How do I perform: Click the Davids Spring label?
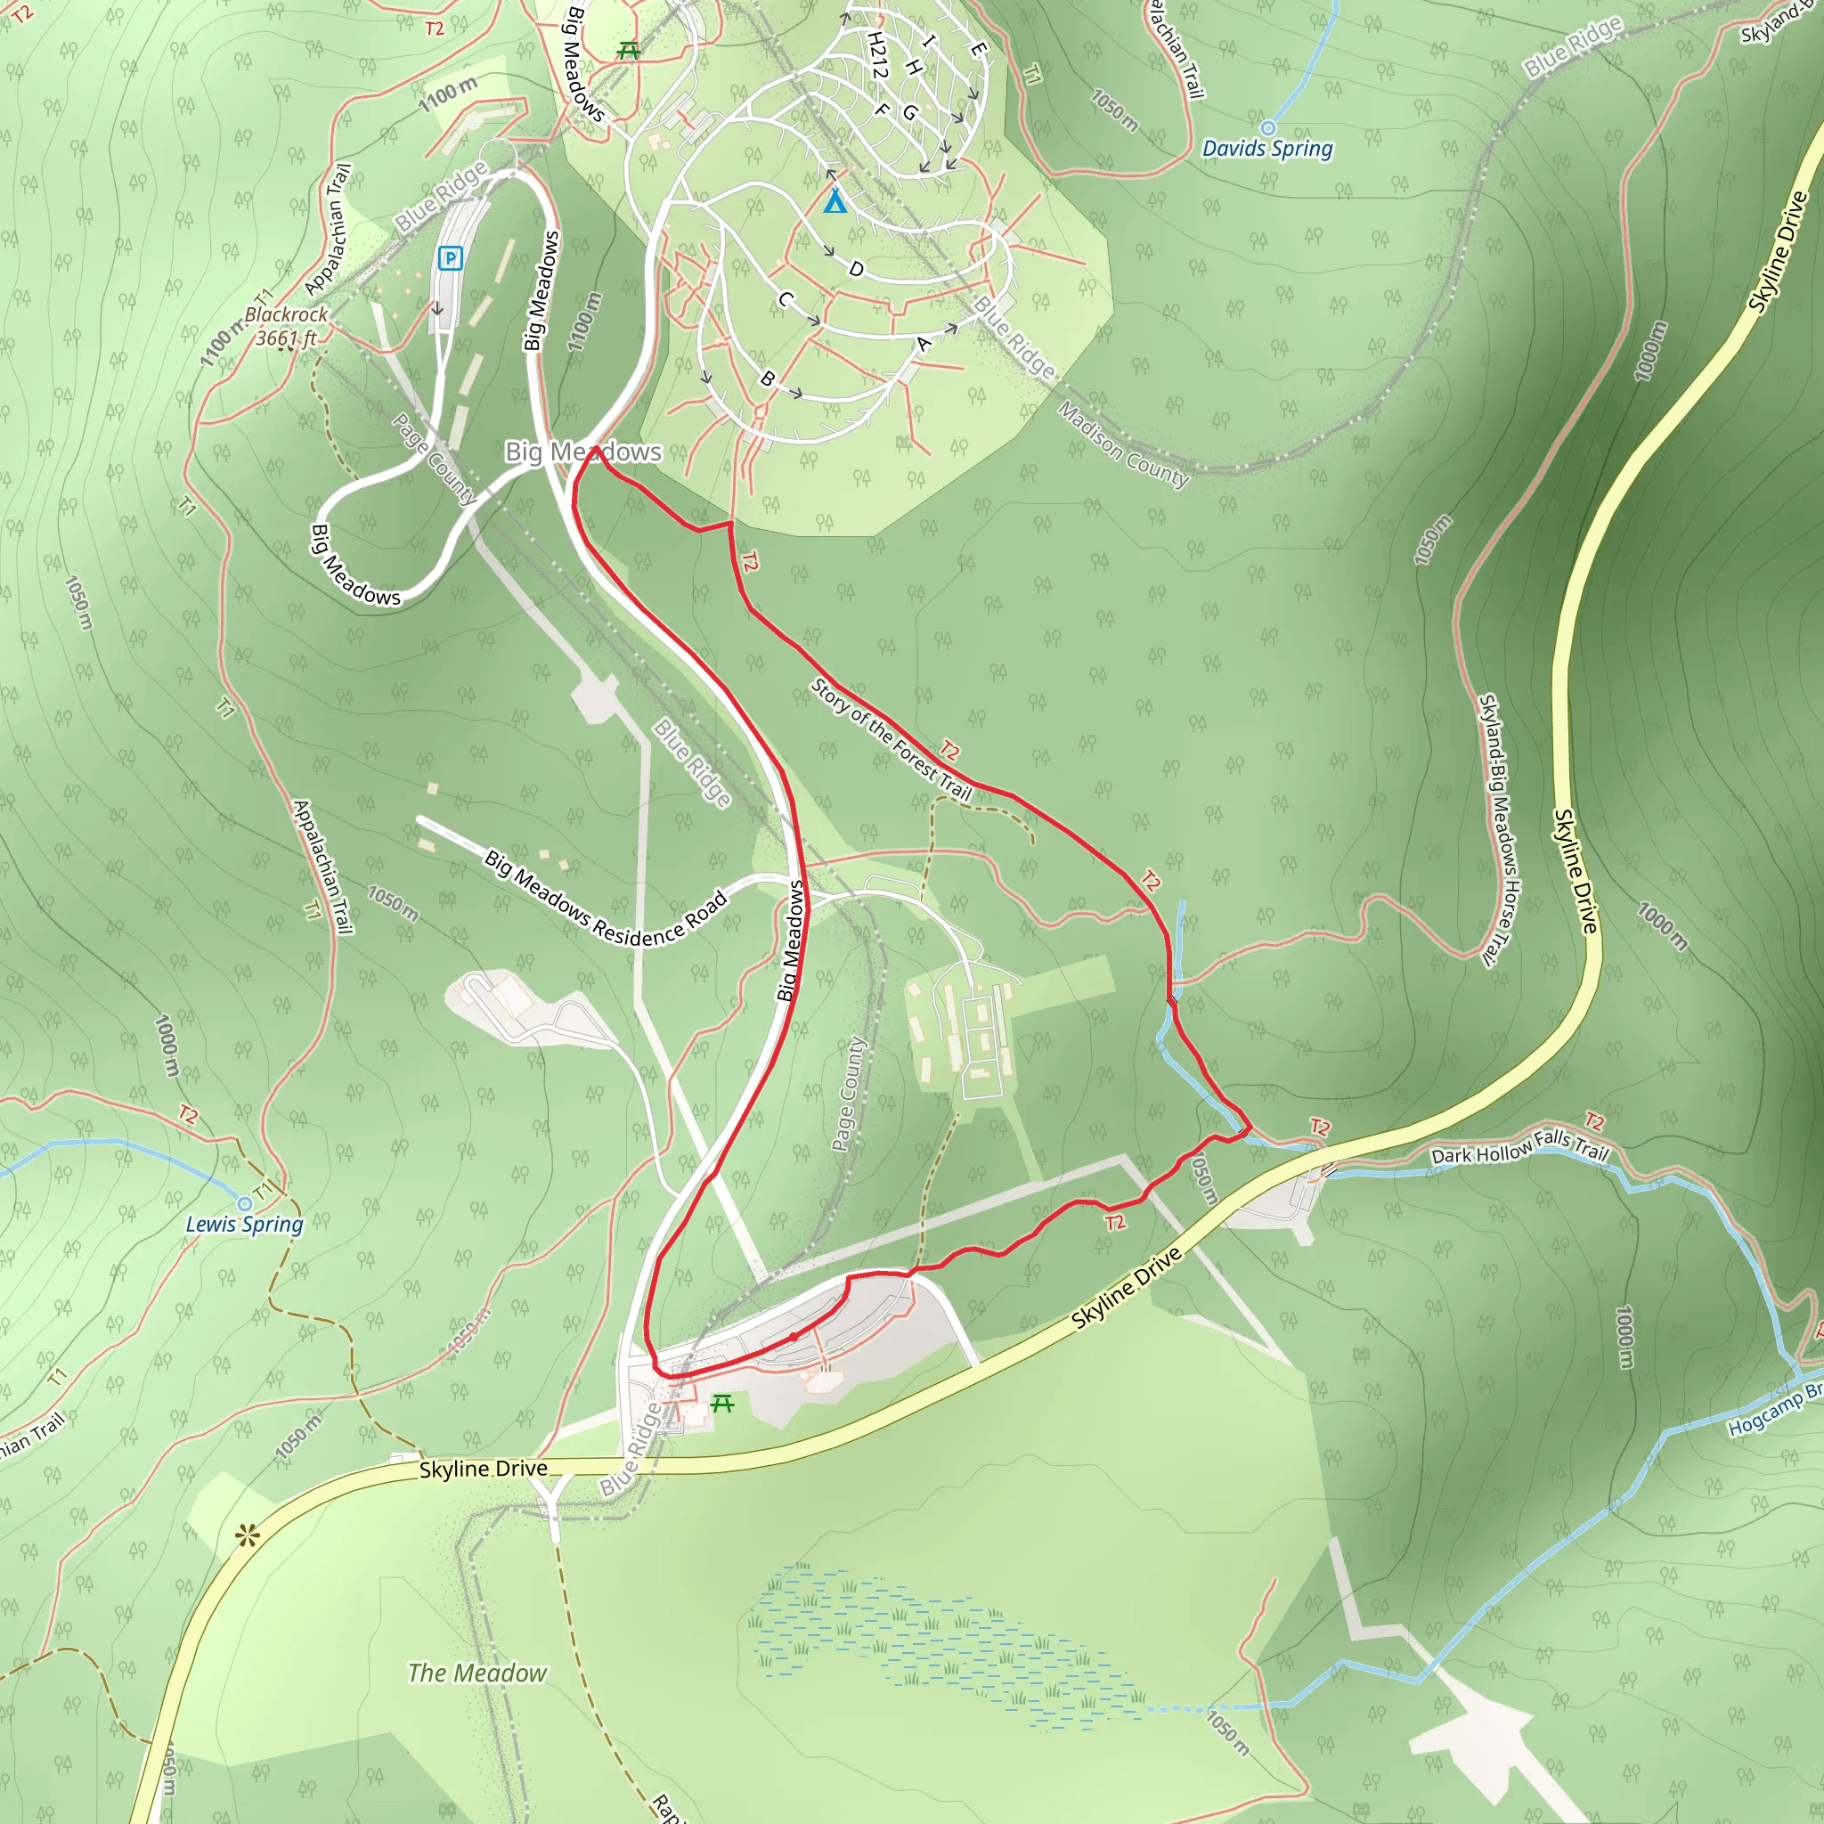pyautogui.click(x=1267, y=149)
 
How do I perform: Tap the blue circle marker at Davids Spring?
pyautogui.click(x=1268, y=127)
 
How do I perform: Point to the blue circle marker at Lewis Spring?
pyautogui.click(x=245, y=1204)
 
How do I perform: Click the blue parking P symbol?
pyautogui.click(x=452, y=257)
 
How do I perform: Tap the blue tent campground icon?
pyautogui.click(x=835, y=201)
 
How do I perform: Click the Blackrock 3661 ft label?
pyautogui.click(x=286, y=326)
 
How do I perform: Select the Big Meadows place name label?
pyautogui.click(x=582, y=452)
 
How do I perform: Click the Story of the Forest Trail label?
pyautogui.click(x=892, y=740)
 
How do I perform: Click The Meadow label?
pyautogui.click(x=476, y=1673)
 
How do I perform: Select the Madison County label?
pyautogui.click(x=1122, y=444)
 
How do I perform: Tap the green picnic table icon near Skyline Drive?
pyautogui.click(x=722, y=1404)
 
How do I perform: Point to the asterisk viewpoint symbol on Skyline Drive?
pyautogui.click(x=248, y=1537)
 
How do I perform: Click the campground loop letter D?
pyautogui.click(x=856, y=269)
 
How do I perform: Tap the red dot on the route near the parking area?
pyautogui.click(x=794, y=1336)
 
